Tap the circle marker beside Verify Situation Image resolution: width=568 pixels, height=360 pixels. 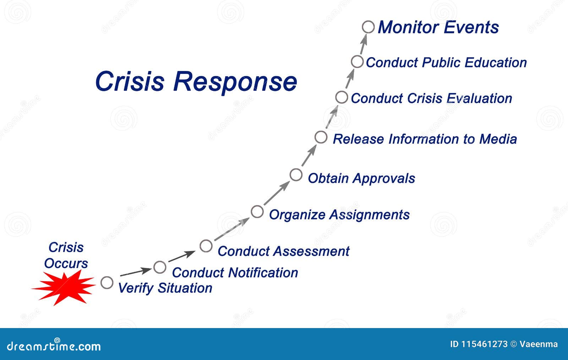click(107, 283)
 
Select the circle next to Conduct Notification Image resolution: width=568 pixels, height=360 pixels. click(160, 267)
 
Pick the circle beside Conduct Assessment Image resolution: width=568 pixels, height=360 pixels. click(206, 246)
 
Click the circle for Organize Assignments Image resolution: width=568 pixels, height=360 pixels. click(257, 212)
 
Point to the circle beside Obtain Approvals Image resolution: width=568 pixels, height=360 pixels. click(296, 175)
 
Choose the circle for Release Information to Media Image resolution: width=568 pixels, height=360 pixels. click(321, 137)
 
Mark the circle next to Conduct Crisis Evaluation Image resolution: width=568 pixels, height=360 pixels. click(341, 97)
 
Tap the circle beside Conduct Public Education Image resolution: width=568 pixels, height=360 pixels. click(357, 61)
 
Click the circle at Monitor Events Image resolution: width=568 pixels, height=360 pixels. click(368, 27)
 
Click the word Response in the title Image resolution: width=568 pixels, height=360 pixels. click(235, 82)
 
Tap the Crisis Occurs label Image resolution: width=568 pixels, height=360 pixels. click(66, 255)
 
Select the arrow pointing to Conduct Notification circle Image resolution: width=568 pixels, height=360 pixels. click(136, 272)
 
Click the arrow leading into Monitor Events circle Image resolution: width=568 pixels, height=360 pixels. click(363, 45)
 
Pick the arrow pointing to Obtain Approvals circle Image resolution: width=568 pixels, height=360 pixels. click(277, 193)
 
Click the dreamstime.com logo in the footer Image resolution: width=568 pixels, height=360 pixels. click(54, 345)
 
